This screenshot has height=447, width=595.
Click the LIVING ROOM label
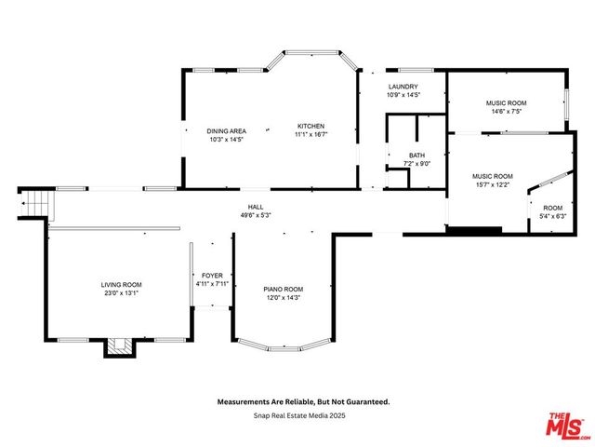(122, 284)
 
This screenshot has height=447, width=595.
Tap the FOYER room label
(212, 275)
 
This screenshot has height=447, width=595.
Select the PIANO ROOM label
(284, 289)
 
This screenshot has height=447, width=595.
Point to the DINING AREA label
(225, 130)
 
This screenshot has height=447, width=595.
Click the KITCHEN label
(311, 126)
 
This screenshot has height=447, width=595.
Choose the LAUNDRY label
(403, 87)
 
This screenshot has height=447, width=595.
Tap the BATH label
(416, 155)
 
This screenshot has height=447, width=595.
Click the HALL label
(254, 206)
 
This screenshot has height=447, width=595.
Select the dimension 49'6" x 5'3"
(254, 215)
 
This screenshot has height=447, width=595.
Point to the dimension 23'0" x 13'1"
(122, 293)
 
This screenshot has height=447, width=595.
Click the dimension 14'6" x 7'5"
(506, 111)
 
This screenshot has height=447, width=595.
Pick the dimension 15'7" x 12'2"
(492, 184)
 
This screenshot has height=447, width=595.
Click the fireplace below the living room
(118, 347)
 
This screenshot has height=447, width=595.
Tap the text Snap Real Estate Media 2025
(303, 415)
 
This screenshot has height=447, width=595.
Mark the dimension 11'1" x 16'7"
(311, 135)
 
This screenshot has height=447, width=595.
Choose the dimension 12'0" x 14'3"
(284, 298)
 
